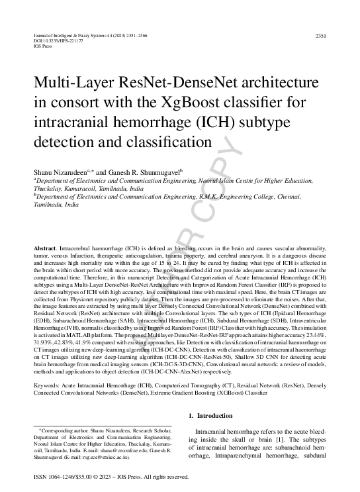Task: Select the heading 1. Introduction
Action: (x=211, y=415)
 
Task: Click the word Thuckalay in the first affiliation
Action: (x=47, y=188)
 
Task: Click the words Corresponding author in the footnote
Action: (x=66, y=431)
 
